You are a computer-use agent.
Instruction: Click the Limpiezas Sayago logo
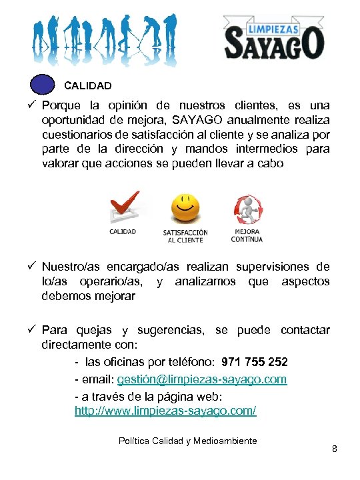(273, 39)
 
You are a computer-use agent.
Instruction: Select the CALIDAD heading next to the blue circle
(87, 86)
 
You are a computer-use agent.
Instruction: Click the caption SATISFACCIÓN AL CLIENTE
(185, 236)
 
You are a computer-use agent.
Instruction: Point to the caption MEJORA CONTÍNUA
(247, 235)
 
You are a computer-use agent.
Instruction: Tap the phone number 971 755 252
(255, 362)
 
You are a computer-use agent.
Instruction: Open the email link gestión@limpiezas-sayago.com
(201, 379)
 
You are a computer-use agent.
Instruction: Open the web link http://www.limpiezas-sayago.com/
(165, 411)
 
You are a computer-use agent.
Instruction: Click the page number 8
(335, 449)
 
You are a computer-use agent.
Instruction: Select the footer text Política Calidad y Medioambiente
(187, 441)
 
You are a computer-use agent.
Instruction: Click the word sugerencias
(173, 330)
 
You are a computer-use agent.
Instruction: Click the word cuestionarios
(77, 135)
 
